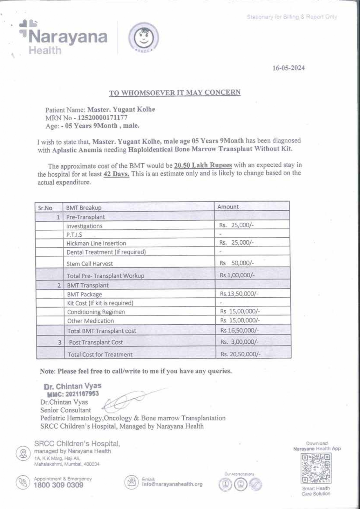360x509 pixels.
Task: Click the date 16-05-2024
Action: (x=288, y=68)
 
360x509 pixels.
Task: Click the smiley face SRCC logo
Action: (x=144, y=38)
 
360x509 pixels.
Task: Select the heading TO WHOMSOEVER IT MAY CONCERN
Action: (x=175, y=93)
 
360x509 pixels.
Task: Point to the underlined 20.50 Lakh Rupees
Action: (x=203, y=165)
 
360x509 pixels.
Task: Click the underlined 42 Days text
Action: (x=116, y=174)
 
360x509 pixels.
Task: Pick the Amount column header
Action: (x=228, y=207)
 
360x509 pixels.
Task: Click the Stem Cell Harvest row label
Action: (x=89, y=264)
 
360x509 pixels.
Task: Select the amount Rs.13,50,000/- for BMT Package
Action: (x=239, y=294)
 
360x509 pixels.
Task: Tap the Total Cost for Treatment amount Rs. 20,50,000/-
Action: (x=240, y=354)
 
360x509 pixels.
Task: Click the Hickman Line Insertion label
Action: (x=96, y=243)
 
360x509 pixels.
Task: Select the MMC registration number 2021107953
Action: (x=82, y=394)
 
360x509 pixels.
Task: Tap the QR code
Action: (x=316, y=468)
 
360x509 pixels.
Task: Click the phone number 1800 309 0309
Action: (x=58, y=485)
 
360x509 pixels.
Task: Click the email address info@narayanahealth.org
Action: (x=172, y=484)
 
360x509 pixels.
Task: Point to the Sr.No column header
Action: (x=45, y=208)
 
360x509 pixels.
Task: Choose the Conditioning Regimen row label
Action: (x=96, y=312)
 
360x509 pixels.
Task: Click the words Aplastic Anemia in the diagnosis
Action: (x=77, y=150)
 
